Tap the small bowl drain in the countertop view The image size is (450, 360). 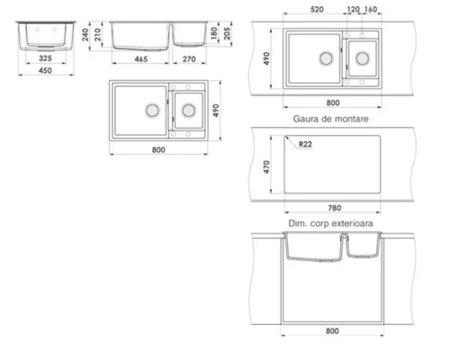pyautogui.click(x=363, y=58)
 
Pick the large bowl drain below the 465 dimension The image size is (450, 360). pyautogui.click(x=151, y=109)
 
